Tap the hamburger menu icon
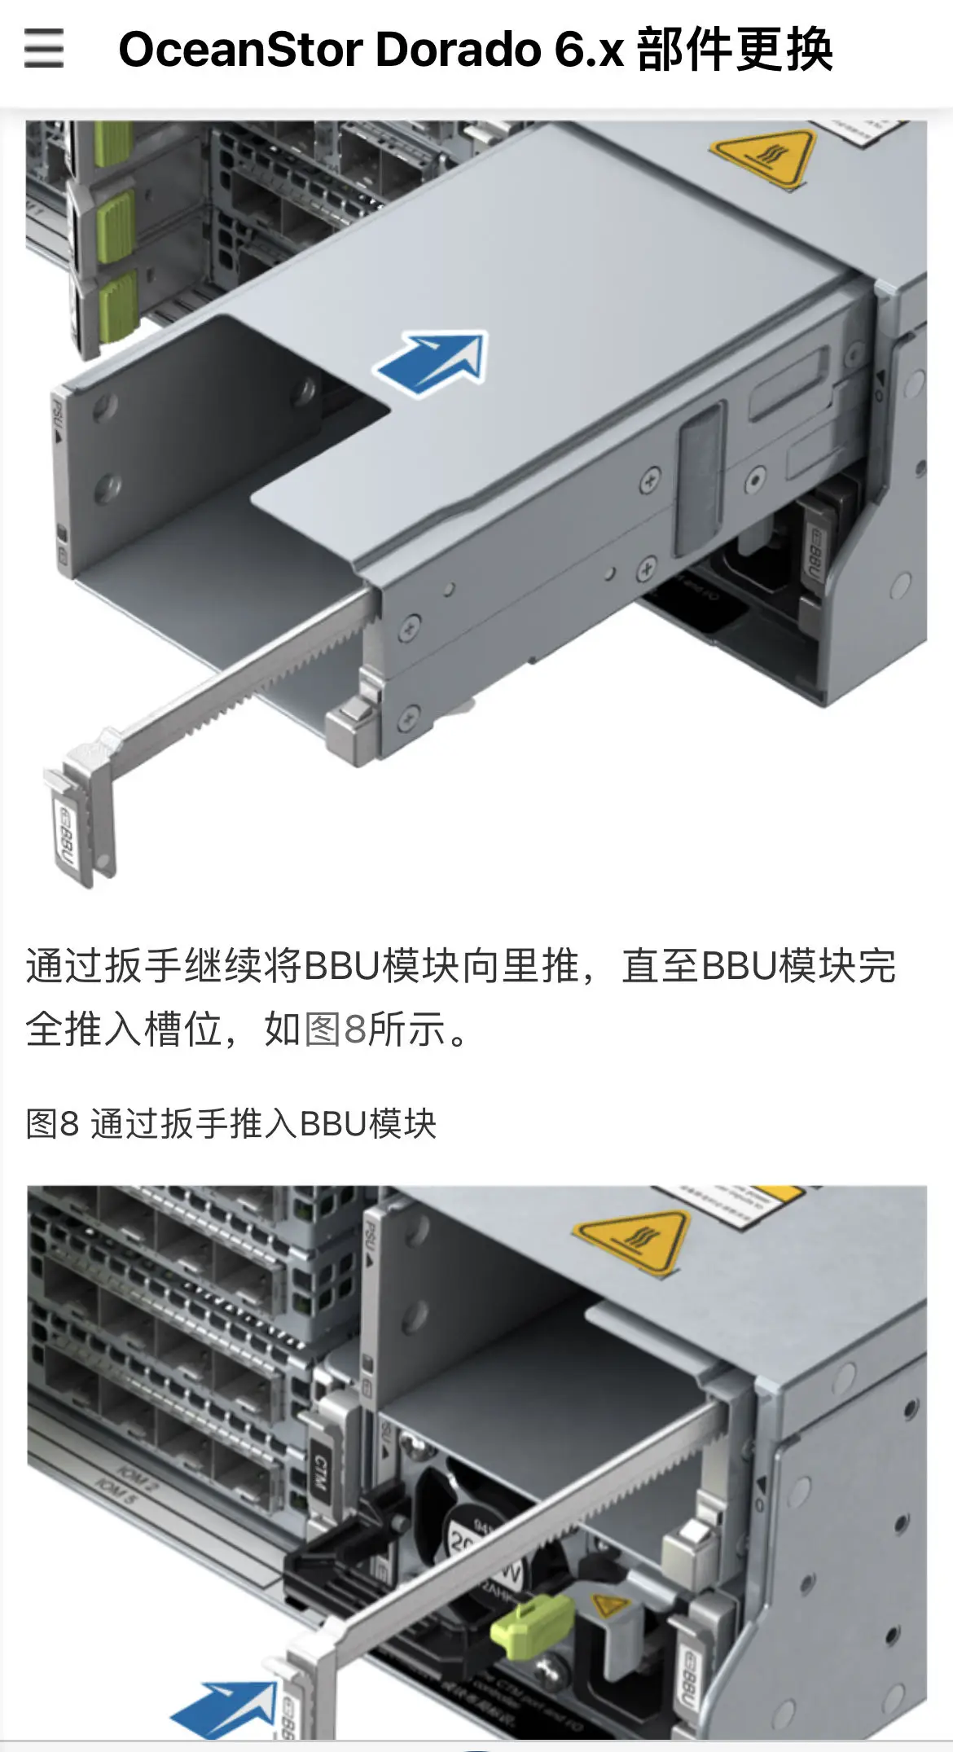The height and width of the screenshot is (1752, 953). tap(43, 48)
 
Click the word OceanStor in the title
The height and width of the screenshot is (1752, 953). tap(240, 50)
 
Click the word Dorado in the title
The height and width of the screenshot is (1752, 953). tap(459, 50)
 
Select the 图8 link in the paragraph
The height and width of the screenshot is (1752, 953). tap(336, 1029)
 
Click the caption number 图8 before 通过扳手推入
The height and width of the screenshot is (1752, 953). tap(52, 1124)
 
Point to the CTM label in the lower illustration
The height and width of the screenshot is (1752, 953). tap(321, 1474)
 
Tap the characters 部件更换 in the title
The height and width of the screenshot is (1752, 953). tap(735, 50)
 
